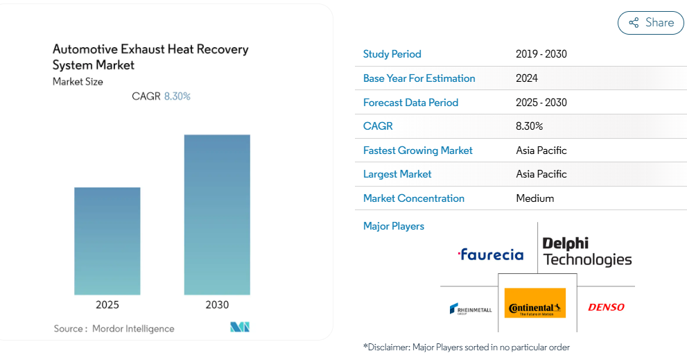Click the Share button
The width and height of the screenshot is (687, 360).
coord(650,23)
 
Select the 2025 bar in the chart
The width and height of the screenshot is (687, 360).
coord(107,241)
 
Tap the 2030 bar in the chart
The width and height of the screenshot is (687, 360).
coord(217,214)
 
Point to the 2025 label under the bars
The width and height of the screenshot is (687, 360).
coord(107,305)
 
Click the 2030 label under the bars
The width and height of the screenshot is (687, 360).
coord(217,305)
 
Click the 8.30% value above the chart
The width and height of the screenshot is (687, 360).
coord(177,96)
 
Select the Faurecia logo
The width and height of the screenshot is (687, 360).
coord(491,255)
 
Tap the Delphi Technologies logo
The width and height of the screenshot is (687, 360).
coord(587,252)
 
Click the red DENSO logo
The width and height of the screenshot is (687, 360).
coord(606,307)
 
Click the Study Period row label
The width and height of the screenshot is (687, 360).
coord(392,54)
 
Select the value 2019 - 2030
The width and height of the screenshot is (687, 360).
coord(541,54)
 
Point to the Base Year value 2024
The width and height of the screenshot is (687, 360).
coord(527,78)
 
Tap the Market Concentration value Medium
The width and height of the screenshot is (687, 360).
coord(535,198)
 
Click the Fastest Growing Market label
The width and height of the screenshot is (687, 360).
coord(417,151)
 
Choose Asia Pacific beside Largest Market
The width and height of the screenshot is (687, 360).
coord(541,174)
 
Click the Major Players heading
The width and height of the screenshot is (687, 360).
coord(394,226)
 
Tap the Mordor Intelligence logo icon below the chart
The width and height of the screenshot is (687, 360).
coord(240,327)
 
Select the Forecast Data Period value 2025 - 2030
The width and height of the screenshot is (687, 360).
coord(541,103)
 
